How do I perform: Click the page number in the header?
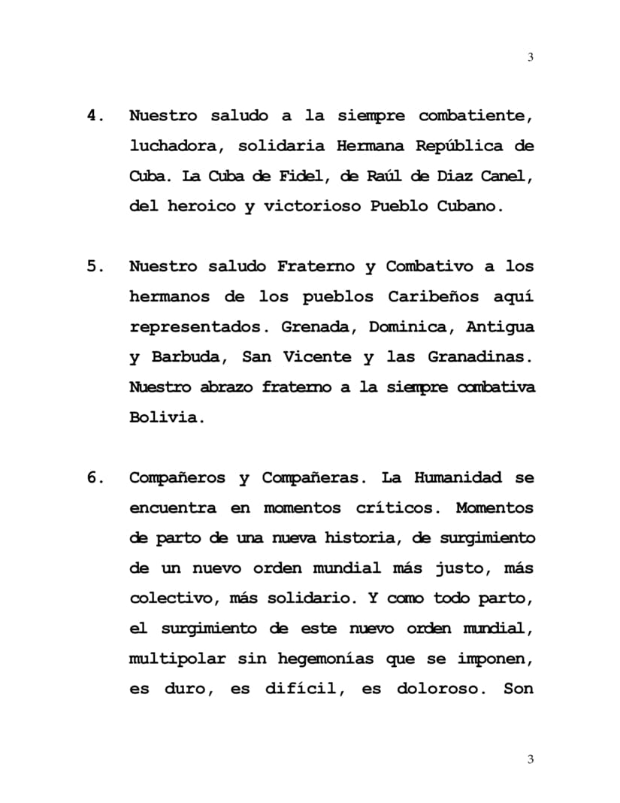[x=531, y=58]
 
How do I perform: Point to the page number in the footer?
[x=531, y=759]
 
